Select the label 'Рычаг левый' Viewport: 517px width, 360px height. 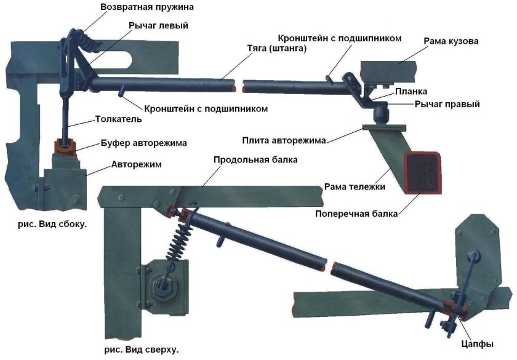pyautogui.click(x=158, y=26)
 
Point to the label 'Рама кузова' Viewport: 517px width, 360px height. pyautogui.click(x=451, y=41)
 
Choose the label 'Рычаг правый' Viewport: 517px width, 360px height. pyautogui.click(x=447, y=105)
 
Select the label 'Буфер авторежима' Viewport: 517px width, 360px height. pyautogui.click(x=143, y=143)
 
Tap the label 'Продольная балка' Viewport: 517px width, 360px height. pyautogui.click(x=255, y=160)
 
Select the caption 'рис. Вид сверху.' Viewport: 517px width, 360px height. pyautogui.click(x=142, y=350)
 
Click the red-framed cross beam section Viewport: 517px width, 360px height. pyautogui.click(x=422, y=172)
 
